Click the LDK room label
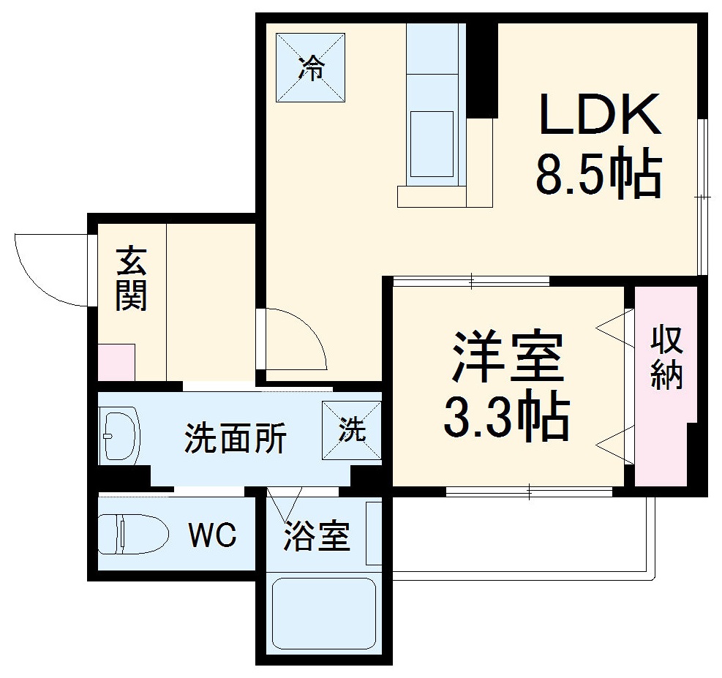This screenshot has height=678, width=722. coord(599,114)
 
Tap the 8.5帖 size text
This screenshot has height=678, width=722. coord(599,175)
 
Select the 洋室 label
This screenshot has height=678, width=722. coord(508,357)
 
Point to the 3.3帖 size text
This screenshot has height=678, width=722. coord(508,418)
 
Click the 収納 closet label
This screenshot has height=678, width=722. coord(666,358)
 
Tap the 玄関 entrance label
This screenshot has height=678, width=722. coord(132,279)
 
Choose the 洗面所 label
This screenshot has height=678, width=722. coord(235,438)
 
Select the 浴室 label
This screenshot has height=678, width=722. coord(317,538)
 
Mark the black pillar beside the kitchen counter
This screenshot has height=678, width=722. coord(482,69)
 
